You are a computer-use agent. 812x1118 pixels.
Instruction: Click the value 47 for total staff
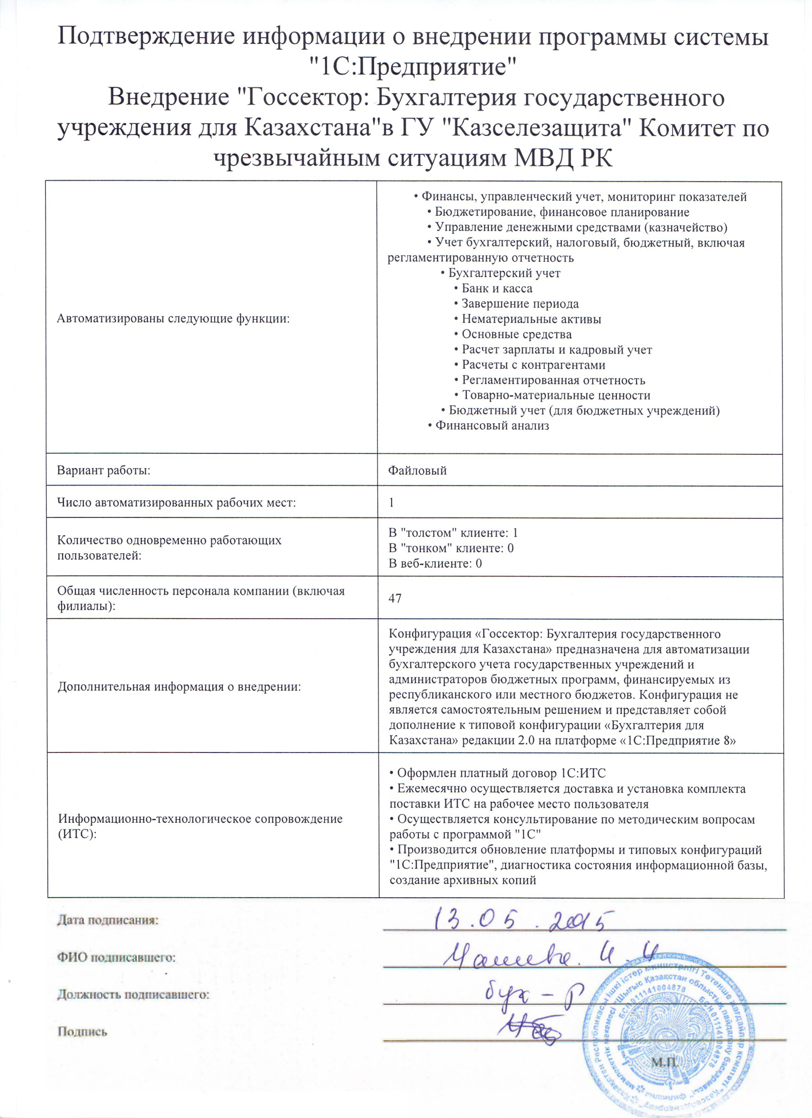pos(395,599)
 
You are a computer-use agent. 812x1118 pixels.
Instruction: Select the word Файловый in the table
pos(417,470)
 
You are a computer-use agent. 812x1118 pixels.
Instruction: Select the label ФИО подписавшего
pos(116,958)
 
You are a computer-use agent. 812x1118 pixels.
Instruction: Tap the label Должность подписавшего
pos(133,995)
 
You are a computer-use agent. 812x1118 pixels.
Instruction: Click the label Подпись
pos(82,1032)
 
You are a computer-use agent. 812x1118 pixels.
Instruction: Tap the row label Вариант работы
pos(104,470)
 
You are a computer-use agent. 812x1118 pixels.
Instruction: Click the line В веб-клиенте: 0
pos(435,563)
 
